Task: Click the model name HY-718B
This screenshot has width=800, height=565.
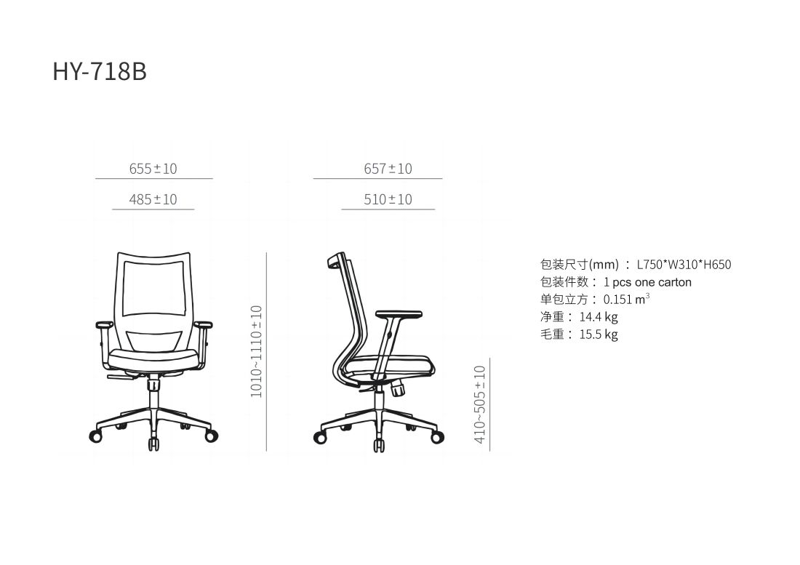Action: [x=100, y=71]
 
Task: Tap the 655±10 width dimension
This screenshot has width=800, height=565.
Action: [x=153, y=169]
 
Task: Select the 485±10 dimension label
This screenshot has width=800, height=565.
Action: [x=153, y=199]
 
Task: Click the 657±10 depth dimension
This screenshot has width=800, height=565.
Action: [x=388, y=169]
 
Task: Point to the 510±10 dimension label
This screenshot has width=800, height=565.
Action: [x=388, y=199]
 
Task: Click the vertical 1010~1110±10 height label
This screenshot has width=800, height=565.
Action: [x=256, y=350]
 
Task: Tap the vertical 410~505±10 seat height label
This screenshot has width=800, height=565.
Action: [x=479, y=404]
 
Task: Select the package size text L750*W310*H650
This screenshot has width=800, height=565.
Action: [x=684, y=265]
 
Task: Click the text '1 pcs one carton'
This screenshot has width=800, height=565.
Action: [x=647, y=282]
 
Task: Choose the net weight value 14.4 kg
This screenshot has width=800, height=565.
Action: [x=599, y=317]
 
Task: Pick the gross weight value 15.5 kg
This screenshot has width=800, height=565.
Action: [x=599, y=334]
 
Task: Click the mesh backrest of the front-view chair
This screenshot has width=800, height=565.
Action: [x=153, y=287]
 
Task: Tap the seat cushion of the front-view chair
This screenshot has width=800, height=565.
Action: [x=153, y=357]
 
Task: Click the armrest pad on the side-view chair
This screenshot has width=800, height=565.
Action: [x=399, y=314]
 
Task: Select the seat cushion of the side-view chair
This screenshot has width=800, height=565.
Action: [x=393, y=364]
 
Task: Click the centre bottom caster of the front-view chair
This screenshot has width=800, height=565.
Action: [x=154, y=443]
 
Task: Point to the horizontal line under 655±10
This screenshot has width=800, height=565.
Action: [x=153, y=178]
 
